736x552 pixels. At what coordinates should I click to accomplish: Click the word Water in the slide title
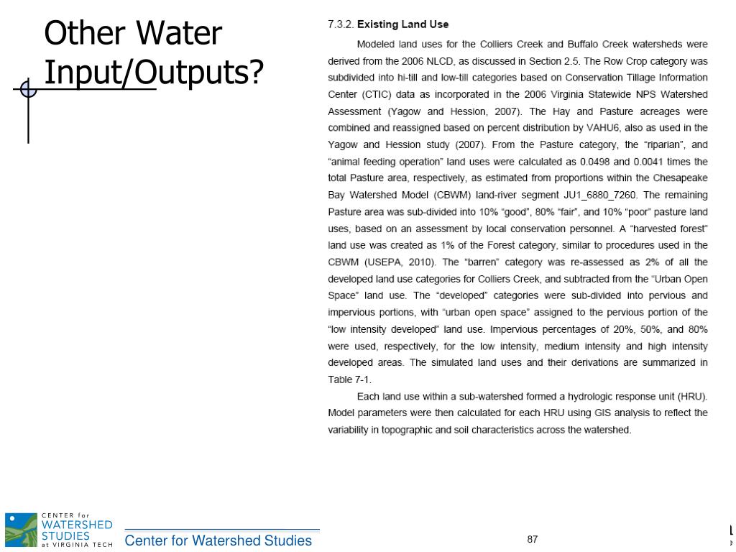[x=179, y=34]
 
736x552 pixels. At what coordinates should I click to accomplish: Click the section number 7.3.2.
[x=341, y=24]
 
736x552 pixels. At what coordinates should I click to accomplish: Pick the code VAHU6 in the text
[x=603, y=128]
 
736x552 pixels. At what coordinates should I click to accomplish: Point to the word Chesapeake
[x=680, y=178]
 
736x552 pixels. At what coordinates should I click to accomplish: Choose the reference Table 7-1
[x=349, y=379]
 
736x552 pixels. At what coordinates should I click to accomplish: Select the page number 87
[x=533, y=540]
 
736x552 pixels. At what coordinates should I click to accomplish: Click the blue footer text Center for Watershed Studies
[x=218, y=540]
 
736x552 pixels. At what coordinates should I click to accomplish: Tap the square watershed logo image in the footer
[x=21, y=530]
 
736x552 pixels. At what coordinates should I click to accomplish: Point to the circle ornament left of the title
[x=28, y=89]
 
